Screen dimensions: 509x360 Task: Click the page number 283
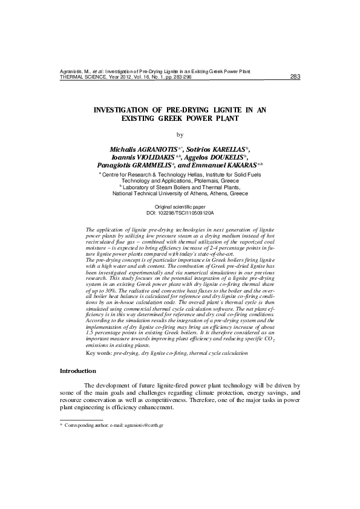click(296, 77)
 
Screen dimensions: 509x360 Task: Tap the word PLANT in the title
click(224, 119)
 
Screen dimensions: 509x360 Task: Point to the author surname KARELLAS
click(223, 149)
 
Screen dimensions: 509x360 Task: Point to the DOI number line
click(180, 213)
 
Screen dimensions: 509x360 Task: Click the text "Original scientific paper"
click(180, 207)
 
